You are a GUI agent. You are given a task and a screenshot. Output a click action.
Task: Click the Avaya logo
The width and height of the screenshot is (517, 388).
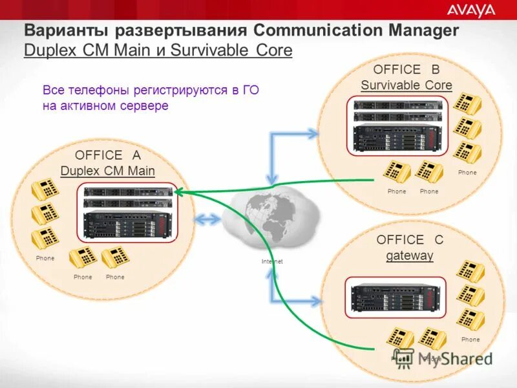point(471,10)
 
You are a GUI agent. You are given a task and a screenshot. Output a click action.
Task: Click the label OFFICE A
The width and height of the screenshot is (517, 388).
point(107,155)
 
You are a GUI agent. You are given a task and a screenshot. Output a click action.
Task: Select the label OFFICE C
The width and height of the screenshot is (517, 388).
point(410,240)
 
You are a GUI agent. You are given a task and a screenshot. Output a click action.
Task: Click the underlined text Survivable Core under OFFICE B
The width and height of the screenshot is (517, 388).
point(406,85)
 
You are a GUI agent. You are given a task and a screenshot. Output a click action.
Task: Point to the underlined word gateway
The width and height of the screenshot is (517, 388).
point(410,255)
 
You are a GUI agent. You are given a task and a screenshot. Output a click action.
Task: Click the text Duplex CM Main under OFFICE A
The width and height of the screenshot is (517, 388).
point(107,171)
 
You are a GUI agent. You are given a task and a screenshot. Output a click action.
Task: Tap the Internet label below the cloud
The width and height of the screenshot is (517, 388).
point(272,261)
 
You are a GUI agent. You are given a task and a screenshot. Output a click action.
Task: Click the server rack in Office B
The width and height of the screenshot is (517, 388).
point(397,126)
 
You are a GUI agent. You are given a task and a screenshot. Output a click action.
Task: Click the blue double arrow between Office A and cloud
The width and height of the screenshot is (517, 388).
point(208,220)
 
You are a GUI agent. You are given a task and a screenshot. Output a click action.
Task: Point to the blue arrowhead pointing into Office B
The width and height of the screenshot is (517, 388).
point(314,134)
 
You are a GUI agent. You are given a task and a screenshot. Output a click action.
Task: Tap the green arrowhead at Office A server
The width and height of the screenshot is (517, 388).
point(178,191)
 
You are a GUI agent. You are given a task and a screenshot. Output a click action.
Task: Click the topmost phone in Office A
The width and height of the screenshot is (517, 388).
point(46,189)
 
